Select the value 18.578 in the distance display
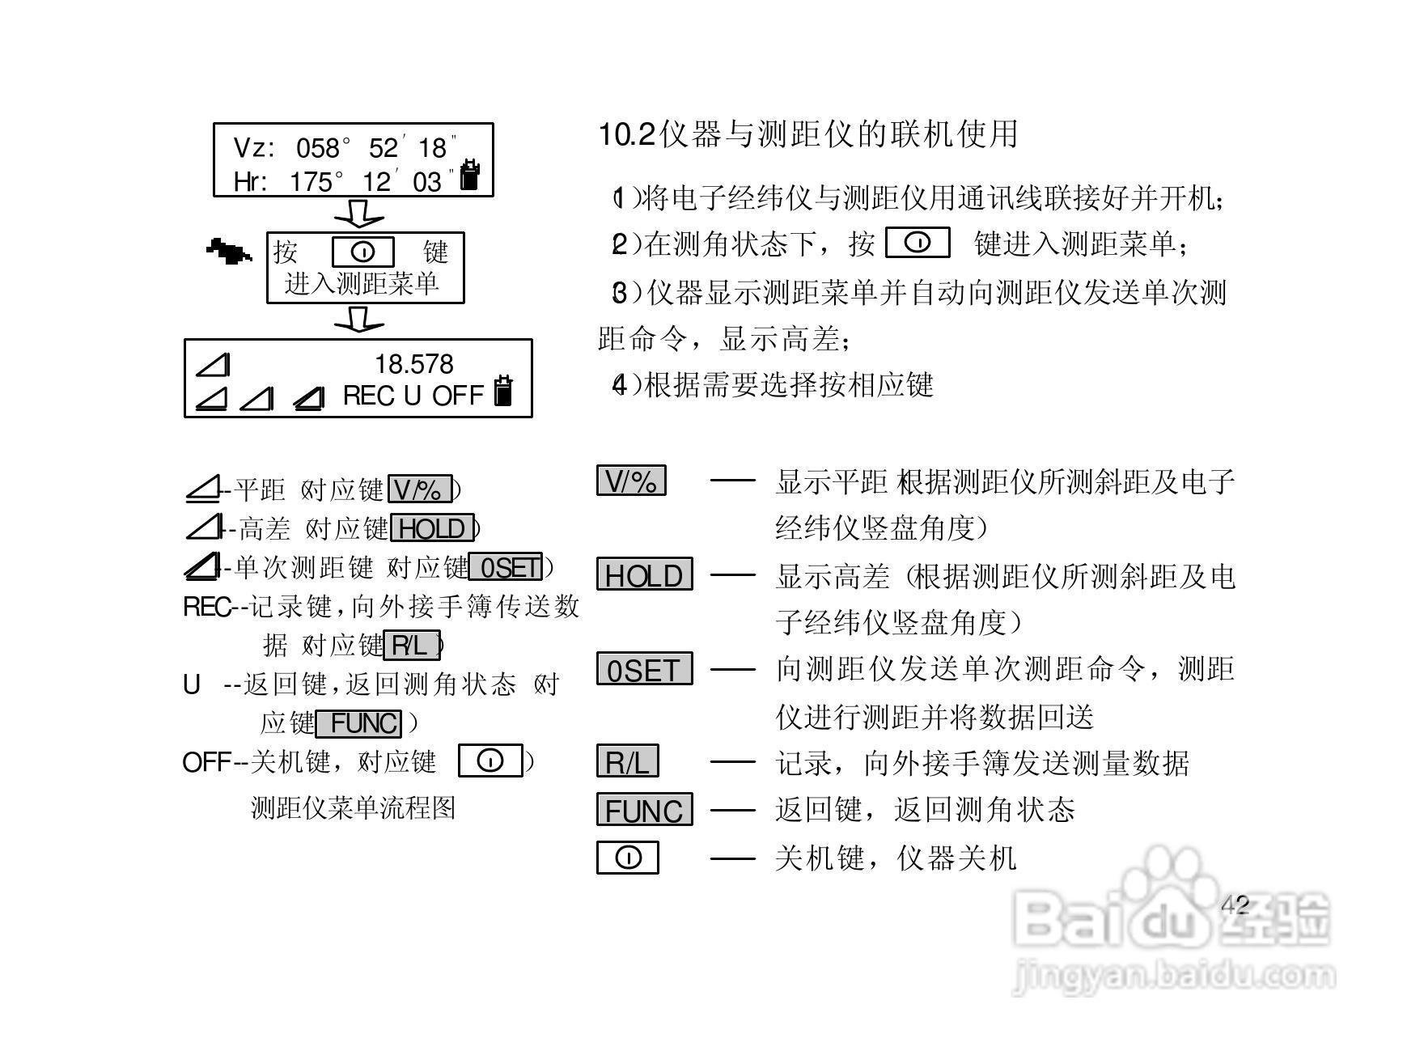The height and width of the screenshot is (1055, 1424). click(414, 364)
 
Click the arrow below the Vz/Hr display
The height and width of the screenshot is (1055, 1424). click(358, 214)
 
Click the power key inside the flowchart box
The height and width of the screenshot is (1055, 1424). click(363, 252)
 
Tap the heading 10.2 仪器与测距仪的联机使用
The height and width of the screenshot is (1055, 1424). click(807, 134)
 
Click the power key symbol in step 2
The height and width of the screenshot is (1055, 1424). click(918, 243)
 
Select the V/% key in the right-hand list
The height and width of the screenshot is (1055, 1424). click(631, 481)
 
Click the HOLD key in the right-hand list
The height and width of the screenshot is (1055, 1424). click(644, 575)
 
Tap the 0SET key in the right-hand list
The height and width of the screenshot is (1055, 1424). click(644, 670)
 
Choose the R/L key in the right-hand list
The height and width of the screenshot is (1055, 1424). click(628, 762)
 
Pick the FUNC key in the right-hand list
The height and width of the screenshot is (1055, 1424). click(644, 810)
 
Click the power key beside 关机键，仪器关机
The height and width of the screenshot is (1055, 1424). click(628, 858)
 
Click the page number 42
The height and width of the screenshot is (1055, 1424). click(1235, 905)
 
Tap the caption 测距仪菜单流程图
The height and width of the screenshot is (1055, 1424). click(354, 807)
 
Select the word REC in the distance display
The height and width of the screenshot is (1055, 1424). click(369, 396)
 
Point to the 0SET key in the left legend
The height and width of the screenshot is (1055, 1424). click(506, 568)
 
